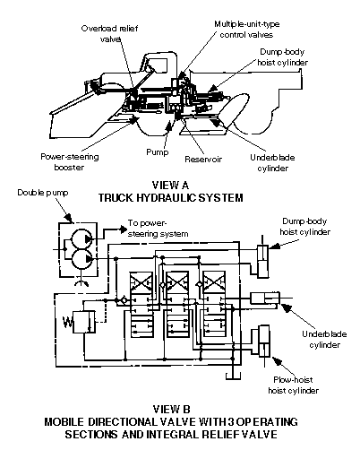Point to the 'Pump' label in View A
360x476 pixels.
click(157, 152)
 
